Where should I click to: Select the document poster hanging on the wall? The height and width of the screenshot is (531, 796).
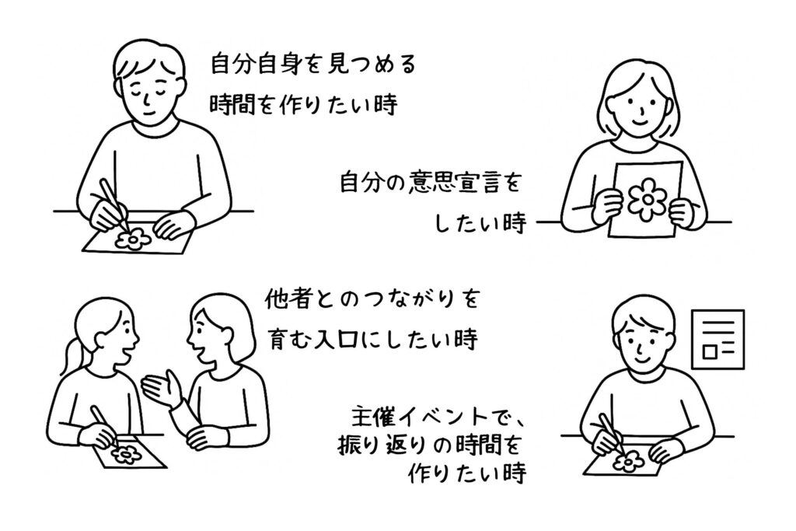pyautogui.click(x=718, y=339)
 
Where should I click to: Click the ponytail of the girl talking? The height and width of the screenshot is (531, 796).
pyautogui.click(x=69, y=356)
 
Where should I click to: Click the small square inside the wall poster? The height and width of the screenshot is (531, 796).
pyautogui.click(x=710, y=351)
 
